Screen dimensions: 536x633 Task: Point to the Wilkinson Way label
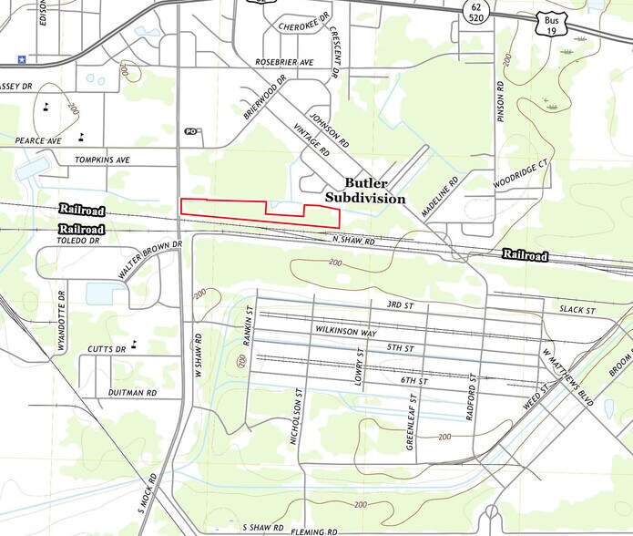[345, 329]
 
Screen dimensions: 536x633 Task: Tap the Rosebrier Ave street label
[283, 62]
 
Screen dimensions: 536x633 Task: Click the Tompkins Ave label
[103, 160]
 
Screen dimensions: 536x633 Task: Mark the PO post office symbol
[190, 131]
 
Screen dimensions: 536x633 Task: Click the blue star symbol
[20, 59]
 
